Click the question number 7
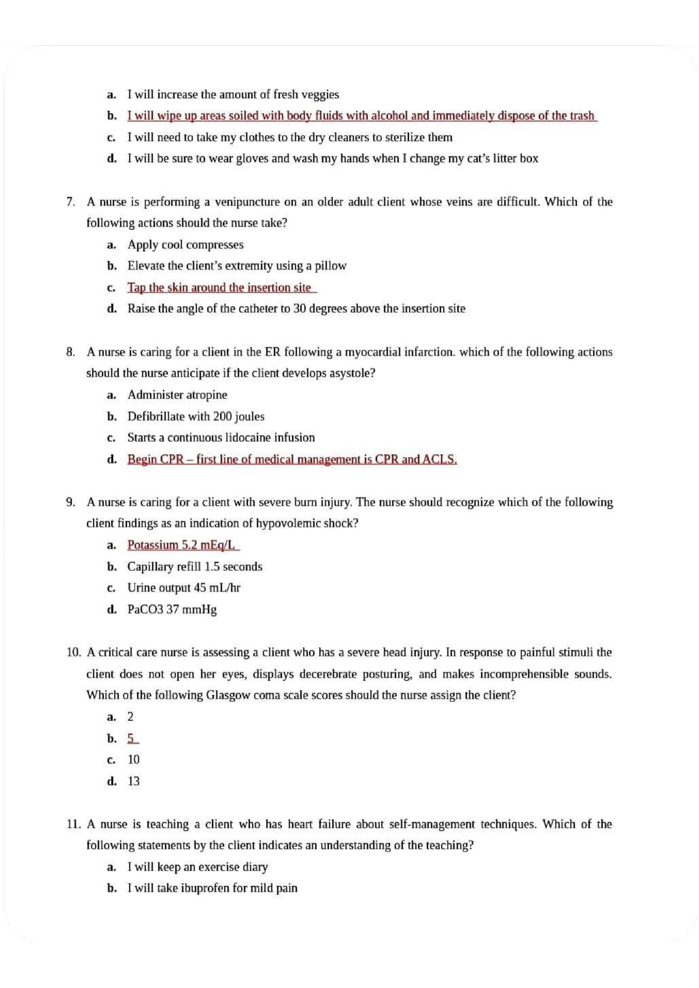pyautogui.click(x=70, y=202)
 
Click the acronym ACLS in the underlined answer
pyautogui.click(x=440, y=459)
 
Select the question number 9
pyautogui.click(x=70, y=502)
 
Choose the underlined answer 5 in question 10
pyautogui.click(x=132, y=738)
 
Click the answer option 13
pyautogui.click(x=134, y=781)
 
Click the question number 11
pyautogui.click(x=74, y=824)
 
